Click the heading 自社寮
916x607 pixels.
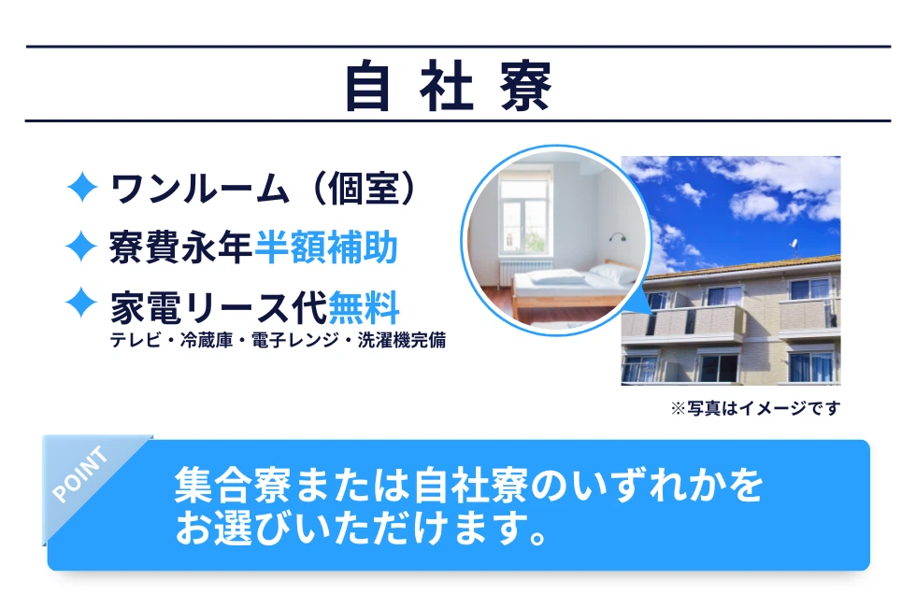click(x=448, y=85)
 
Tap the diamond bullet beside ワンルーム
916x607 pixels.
click(x=82, y=188)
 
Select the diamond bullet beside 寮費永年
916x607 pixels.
click(x=81, y=247)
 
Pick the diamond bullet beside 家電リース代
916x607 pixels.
click(x=81, y=303)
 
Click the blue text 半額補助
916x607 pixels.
click(x=326, y=247)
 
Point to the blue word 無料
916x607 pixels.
click(x=364, y=307)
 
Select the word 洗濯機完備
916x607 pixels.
click(x=402, y=340)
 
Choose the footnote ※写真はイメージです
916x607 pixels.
click(x=755, y=408)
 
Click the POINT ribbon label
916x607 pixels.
click(x=80, y=473)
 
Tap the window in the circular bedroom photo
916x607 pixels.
click(x=525, y=216)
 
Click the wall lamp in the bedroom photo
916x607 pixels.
click(x=618, y=237)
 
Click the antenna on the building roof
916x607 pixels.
click(x=794, y=247)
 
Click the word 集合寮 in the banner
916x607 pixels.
click(x=233, y=485)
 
